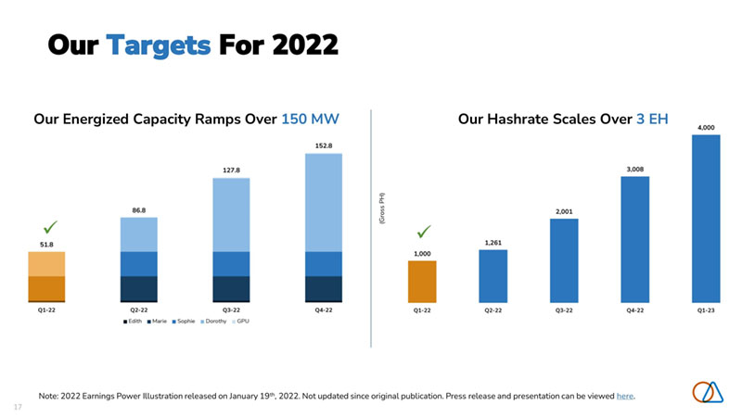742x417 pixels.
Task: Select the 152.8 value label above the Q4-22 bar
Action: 324,145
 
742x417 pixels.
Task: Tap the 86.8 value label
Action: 138,210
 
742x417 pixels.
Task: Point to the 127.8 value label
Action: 231,171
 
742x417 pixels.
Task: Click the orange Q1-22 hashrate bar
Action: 422,281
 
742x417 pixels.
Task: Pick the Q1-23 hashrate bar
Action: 706,218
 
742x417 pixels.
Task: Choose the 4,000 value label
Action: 706,127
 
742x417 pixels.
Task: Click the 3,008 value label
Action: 634,169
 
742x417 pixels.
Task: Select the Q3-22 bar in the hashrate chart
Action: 564,259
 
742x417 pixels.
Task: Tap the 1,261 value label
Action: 493,243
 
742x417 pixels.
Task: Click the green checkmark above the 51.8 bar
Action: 52,226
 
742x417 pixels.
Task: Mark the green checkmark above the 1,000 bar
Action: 424,231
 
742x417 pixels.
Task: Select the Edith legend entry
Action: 132,322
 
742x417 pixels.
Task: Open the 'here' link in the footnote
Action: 625,396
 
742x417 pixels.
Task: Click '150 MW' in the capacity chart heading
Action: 310,120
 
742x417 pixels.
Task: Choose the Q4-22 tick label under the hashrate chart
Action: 634,310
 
